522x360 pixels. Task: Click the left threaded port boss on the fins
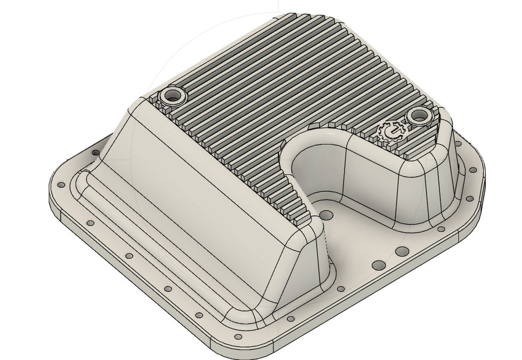[172, 95]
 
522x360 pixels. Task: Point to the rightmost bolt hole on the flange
[481, 179]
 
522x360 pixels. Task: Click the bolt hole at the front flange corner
[237, 336]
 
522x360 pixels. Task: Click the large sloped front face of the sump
[203, 191]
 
